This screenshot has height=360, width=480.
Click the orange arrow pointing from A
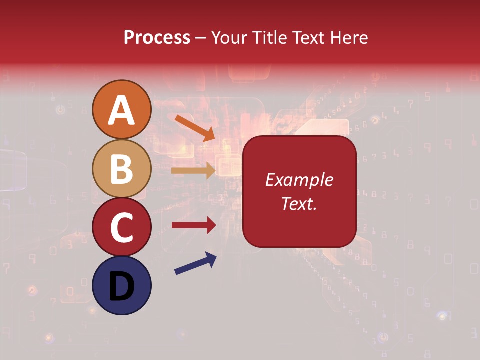point(195,128)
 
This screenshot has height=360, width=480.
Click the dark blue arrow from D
point(195,263)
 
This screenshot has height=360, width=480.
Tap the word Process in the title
point(157,38)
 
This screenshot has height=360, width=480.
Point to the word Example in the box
point(299,180)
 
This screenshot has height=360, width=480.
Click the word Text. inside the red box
point(299,203)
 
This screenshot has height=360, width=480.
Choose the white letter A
point(121,110)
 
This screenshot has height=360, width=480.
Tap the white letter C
point(121,227)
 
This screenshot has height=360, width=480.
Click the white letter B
point(121,169)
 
